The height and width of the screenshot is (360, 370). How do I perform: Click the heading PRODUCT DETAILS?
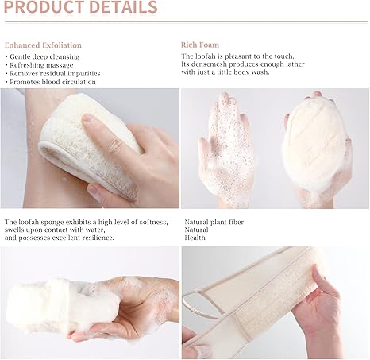[79, 9]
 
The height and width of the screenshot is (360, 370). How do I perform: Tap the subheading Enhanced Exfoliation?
[43, 45]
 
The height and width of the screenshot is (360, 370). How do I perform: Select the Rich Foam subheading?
[200, 45]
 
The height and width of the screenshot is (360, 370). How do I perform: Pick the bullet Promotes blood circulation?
[51, 81]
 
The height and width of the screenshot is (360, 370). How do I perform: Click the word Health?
[196, 238]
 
